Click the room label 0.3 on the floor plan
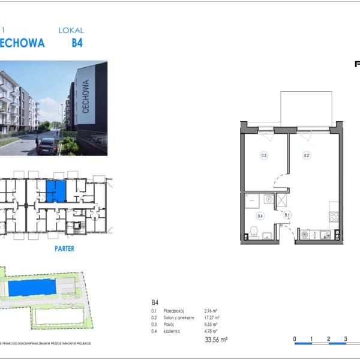pyautogui.click(x=264, y=155)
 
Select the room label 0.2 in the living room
pyautogui.click(x=306, y=155)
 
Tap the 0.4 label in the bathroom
pyautogui.click(x=260, y=215)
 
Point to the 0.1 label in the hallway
pyautogui.click(x=287, y=215)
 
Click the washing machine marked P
pyautogui.click(x=269, y=199)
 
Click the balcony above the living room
pyautogui.click(x=306, y=108)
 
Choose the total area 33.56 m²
pyautogui.click(x=215, y=340)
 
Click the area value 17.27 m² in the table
pyautogui.click(x=211, y=317)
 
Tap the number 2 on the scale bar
pyautogui.click(x=329, y=339)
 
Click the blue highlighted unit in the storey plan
pyautogui.click(x=56, y=191)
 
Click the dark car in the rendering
pyautogui.click(x=46, y=146)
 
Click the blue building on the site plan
pyautogui.click(x=34, y=289)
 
